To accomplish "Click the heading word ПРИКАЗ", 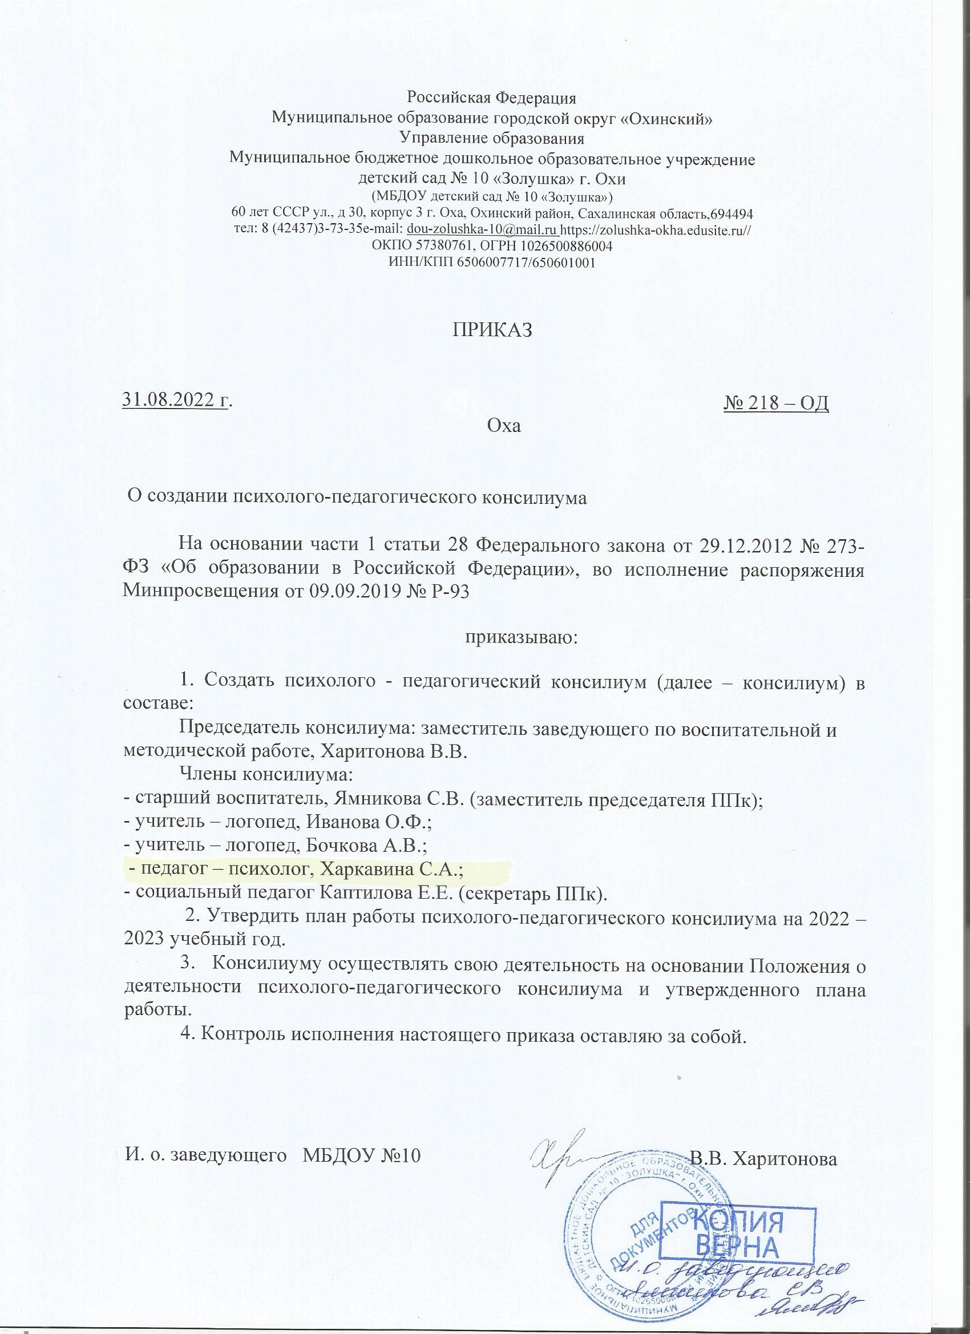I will [491, 330].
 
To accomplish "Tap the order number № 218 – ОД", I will [775, 404].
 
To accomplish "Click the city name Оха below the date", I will [505, 426].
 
